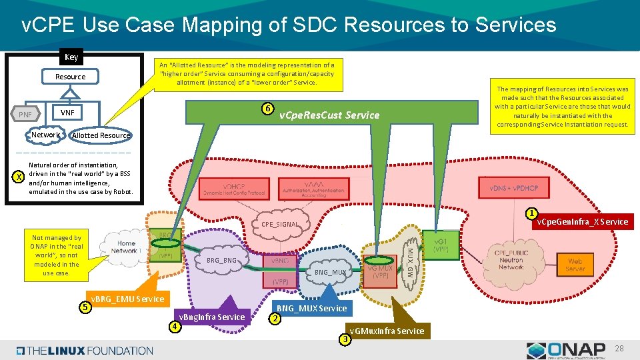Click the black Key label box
[x=71, y=57]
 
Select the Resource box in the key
[x=70, y=77]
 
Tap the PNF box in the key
[x=25, y=115]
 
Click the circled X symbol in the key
[x=19, y=178]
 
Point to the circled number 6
[x=267, y=109]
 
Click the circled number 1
[x=531, y=214]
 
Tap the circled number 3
[x=344, y=340]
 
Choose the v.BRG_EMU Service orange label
[x=127, y=299]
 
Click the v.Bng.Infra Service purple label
[x=211, y=317]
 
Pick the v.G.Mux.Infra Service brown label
[x=387, y=331]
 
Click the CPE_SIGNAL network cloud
[x=281, y=224]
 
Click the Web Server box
[x=575, y=265]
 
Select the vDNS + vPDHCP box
[x=513, y=188]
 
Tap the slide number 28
[x=618, y=349]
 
